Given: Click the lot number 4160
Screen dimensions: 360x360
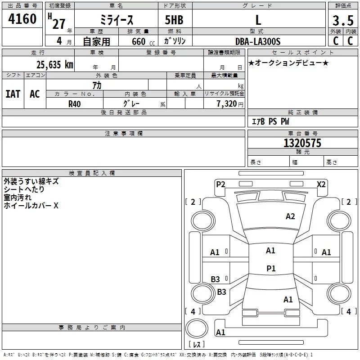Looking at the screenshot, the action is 22,18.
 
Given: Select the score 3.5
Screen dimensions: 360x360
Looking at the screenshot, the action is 343,20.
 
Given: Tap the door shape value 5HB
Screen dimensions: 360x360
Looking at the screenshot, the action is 174,20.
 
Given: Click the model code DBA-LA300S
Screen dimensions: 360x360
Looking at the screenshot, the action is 258,41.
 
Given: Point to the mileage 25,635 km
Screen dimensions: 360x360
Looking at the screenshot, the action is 55,64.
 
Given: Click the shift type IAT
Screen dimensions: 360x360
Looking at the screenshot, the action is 13,94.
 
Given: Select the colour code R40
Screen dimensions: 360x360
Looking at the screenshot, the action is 74,104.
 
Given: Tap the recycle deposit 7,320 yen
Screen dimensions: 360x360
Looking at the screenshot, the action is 230,104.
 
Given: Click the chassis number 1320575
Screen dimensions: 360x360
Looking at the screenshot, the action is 302,143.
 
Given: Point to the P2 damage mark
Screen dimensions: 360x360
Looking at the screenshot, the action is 220,184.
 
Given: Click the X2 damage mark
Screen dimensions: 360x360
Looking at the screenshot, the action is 321,184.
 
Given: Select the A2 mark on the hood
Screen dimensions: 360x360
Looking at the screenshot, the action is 290,216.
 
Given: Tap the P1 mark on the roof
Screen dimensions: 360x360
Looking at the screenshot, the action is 271,268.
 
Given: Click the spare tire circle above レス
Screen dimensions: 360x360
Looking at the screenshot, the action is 197,328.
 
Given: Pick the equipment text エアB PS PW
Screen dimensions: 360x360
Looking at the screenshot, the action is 270,121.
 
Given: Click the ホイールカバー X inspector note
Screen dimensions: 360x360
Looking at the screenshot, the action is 31,205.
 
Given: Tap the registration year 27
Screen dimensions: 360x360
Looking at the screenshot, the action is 59,24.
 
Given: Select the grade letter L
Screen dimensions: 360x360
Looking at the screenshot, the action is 258,20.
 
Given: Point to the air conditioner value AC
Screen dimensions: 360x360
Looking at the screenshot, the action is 35,94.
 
